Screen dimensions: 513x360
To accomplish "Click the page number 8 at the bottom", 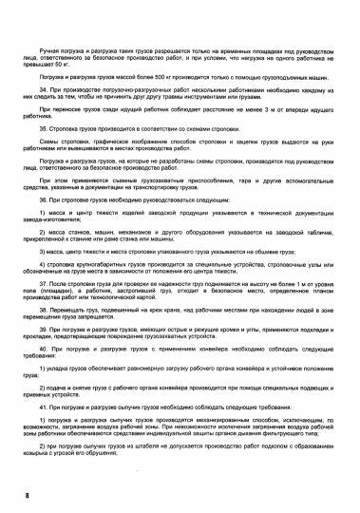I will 28,495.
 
